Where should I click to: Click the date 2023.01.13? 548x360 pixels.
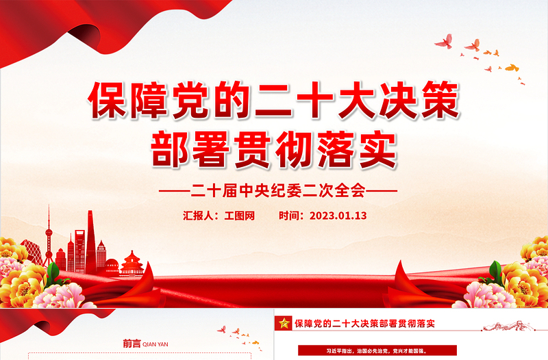coord(338,215)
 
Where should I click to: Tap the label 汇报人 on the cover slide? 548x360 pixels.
coord(198,215)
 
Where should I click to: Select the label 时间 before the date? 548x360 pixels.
coord(290,215)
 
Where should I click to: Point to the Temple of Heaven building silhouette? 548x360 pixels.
coord(131,263)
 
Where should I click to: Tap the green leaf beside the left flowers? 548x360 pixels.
coord(53,272)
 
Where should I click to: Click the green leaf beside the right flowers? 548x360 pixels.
coord(495,272)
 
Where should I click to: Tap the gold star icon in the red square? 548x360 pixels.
coord(283,322)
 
